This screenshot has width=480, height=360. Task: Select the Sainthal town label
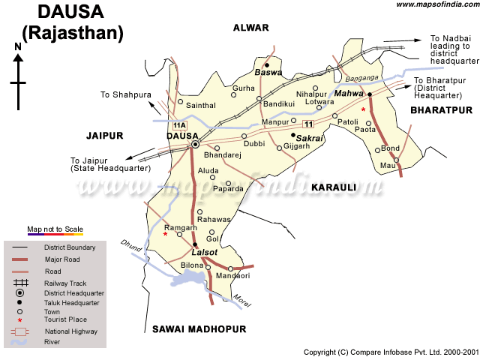point(201,107)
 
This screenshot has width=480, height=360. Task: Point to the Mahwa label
point(349,92)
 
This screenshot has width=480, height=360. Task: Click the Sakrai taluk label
point(310,139)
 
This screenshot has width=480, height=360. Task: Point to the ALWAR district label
point(250,28)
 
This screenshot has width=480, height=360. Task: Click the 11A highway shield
point(178,124)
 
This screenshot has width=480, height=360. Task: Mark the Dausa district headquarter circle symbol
point(195,144)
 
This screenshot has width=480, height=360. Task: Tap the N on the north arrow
point(17,47)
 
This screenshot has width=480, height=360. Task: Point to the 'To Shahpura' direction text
point(126,94)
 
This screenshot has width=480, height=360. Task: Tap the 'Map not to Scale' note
point(55,229)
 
